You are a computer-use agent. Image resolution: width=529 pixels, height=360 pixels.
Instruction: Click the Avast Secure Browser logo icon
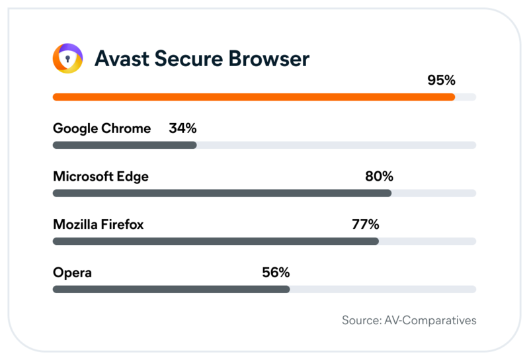[x=68, y=59]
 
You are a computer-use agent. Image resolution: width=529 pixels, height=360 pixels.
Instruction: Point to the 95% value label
[x=441, y=81]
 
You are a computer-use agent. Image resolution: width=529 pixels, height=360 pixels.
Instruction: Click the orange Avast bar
[x=253, y=97]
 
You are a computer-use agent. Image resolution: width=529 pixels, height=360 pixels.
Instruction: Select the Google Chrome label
[x=102, y=128]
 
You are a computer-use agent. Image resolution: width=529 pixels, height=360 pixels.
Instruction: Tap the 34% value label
[x=183, y=128]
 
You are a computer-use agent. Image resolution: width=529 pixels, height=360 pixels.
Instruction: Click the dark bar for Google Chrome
[x=124, y=145]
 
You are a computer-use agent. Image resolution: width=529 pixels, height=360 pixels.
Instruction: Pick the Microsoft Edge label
[x=101, y=177]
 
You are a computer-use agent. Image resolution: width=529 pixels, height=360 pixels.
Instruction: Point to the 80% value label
[x=379, y=177]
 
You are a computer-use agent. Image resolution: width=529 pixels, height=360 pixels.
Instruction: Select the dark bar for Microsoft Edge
[x=222, y=193]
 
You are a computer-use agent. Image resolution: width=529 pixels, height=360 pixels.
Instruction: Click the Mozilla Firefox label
[x=98, y=225]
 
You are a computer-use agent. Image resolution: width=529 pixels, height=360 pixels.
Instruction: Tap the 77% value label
[x=365, y=225]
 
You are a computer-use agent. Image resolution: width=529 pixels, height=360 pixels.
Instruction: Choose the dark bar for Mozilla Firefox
[x=216, y=242]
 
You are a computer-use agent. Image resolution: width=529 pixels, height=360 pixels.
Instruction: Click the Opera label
[x=72, y=273]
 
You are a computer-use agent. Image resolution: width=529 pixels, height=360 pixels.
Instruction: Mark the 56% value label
[x=275, y=273]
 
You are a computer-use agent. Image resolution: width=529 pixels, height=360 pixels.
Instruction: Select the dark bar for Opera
[x=171, y=289]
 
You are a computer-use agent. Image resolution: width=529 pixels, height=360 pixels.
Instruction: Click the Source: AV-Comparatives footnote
[x=409, y=320]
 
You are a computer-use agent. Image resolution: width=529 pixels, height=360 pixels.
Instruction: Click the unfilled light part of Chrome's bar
[x=336, y=145]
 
